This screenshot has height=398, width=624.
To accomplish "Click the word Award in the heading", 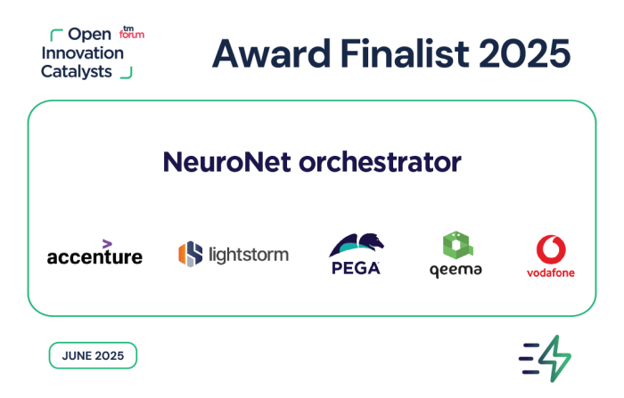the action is pos(271,53).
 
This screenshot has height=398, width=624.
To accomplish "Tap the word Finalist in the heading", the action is pos(405,53).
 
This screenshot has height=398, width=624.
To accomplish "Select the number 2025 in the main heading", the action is pos(525,53).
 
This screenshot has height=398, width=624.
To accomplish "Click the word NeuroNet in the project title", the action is pos(226,162).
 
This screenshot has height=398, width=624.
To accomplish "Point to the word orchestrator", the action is pos(380,162).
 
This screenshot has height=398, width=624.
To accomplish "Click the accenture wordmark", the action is pos(94,256).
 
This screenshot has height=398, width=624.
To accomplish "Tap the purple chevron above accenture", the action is pos(107,244).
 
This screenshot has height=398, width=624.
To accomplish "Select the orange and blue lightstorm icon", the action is pos(190,254).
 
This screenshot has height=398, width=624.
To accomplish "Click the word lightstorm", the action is pos(249,255).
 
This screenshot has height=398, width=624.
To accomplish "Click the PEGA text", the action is pos(356,268).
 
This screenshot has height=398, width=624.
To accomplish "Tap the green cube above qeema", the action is pos(457,245).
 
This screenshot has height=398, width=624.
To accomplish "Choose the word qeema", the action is pos(456,271).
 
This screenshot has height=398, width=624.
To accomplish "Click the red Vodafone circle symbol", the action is pos(551,249).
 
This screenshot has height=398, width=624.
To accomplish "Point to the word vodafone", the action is pos(551,272).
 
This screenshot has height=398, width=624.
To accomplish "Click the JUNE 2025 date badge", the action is pos(93,355).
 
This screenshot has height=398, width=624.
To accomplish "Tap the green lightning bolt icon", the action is pos(554,359).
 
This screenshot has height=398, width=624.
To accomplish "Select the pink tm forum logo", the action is pos(132,33).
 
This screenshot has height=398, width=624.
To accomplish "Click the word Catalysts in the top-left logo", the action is pos(77,72).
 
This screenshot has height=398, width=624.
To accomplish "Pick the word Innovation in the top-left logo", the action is pos(83,53).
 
